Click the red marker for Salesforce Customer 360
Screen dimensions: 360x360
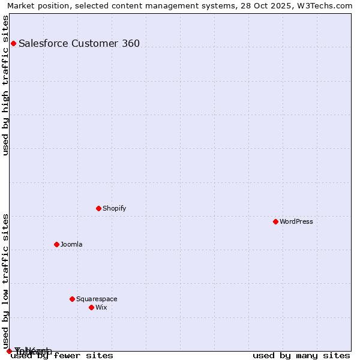13,43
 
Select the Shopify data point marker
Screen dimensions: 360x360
98,208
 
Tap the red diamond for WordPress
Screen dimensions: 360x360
275,221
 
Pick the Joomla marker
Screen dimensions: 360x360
56,244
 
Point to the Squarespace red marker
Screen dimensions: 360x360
72,299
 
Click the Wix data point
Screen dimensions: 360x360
91,307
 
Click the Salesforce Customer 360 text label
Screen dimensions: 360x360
79,43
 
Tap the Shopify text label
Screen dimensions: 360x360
114,208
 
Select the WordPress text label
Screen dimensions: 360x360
296,221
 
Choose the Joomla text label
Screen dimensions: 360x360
71,244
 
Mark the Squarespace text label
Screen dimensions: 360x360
97,299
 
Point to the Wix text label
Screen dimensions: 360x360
101,307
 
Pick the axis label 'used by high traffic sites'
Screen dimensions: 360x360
6,85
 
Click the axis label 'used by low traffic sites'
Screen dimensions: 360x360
6,280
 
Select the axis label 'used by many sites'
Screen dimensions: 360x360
301,355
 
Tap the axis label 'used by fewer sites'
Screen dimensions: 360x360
62,355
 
